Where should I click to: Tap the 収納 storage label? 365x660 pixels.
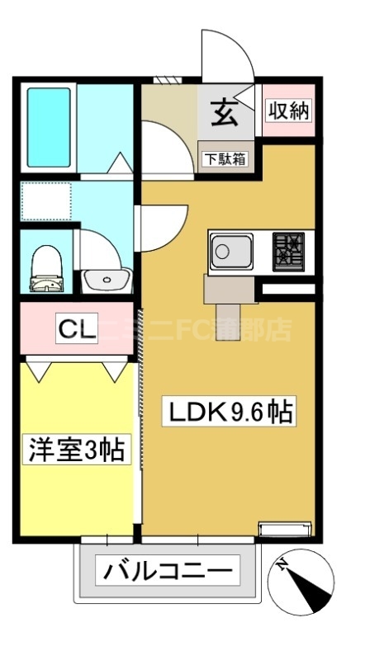[287, 110]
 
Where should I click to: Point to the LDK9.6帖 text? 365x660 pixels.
[232, 410]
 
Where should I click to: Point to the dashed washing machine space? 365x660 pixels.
[46, 200]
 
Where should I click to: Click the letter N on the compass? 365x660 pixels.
[283, 565]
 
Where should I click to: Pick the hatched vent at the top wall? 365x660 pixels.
[167, 80]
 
